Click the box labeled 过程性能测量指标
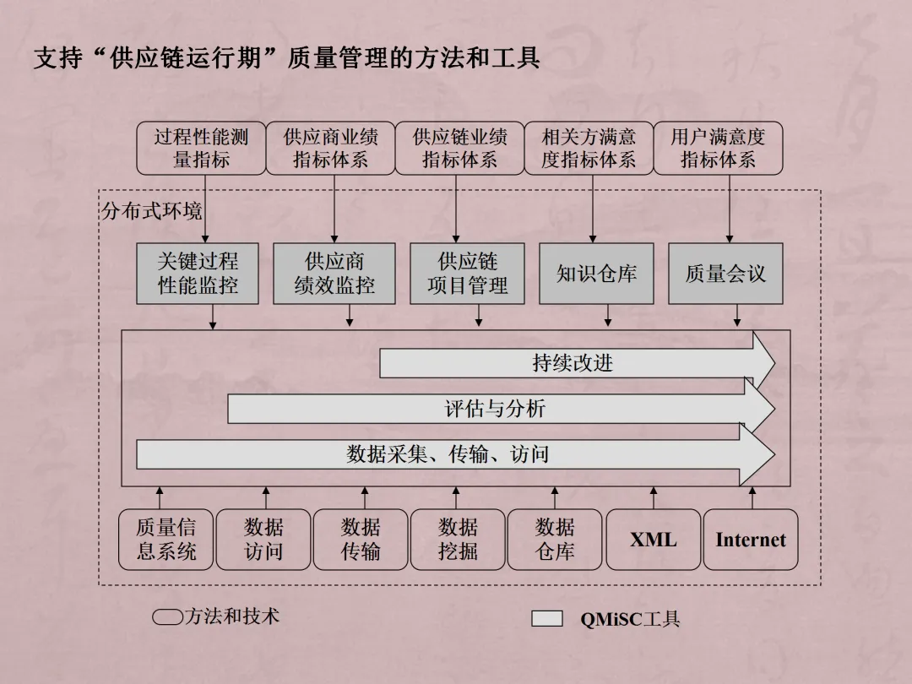click(x=201, y=148)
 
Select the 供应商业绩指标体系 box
click(x=331, y=148)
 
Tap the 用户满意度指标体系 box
click(x=718, y=148)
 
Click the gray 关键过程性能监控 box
click(x=198, y=274)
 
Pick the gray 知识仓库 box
click(x=596, y=274)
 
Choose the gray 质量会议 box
click(x=725, y=274)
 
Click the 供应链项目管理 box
click(x=467, y=274)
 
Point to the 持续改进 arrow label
click(x=573, y=363)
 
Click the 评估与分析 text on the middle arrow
click(x=496, y=410)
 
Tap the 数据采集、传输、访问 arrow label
click(x=448, y=454)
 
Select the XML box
click(x=653, y=540)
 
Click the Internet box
click(x=751, y=540)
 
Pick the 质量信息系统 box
click(x=166, y=540)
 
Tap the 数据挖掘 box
click(x=458, y=540)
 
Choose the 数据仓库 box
click(x=555, y=540)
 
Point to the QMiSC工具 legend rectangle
click(x=546, y=619)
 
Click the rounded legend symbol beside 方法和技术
click(x=167, y=617)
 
